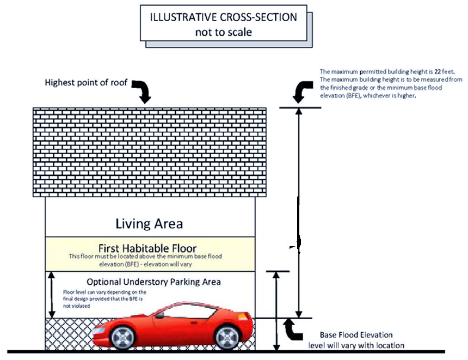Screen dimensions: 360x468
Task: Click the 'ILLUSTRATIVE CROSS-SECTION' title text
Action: pyautogui.click(x=223, y=17)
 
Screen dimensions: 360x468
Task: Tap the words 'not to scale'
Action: pyautogui.click(x=223, y=32)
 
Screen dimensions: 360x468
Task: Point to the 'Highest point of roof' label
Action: pyautogui.click(x=86, y=83)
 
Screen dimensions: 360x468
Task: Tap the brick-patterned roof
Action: pyautogui.click(x=150, y=152)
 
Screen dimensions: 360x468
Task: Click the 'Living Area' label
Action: pyautogui.click(x=149, y=223)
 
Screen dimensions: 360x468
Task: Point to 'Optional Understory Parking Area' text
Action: pyautogui.click(x=153, y=282)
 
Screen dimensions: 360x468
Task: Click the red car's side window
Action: pyautogui.click(x=185, y=312)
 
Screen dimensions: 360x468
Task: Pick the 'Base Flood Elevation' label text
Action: pyautogui.click(x=356, y=335)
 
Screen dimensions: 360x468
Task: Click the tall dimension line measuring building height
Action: pyautogui.click(x=298, y=212)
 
